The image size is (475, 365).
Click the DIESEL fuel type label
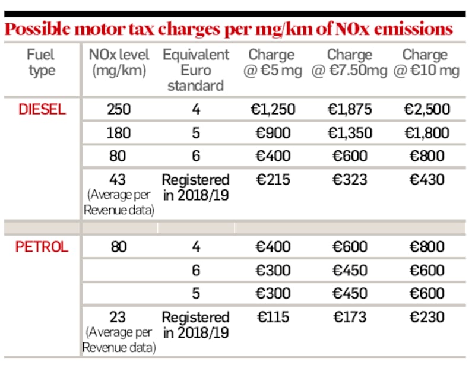pos(41,109)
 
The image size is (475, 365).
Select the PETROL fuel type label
pos(42,247)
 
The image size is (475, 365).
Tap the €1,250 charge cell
pos(271,109)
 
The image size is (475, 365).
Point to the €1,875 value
pos(349,109)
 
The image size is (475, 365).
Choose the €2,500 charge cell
pos(427,109)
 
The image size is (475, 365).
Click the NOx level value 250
pos(119,109)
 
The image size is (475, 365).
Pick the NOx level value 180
pos(119,132)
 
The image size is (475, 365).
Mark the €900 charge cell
pos(271,132)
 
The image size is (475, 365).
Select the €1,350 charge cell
pos(349,132)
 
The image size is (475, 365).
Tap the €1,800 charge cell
pos(427,132)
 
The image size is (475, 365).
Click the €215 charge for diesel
pos(271,179)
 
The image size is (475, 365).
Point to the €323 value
pos(349,179)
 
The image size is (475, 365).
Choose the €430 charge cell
pos(427,179)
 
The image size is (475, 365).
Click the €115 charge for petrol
pos(271,316)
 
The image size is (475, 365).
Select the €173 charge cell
pos(349,316)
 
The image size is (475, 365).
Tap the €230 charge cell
pos(427,316)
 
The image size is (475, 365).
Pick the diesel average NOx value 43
pos(119,179)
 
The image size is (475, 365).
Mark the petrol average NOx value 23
pos(119,316)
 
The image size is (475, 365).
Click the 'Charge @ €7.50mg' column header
pos(349,63)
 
